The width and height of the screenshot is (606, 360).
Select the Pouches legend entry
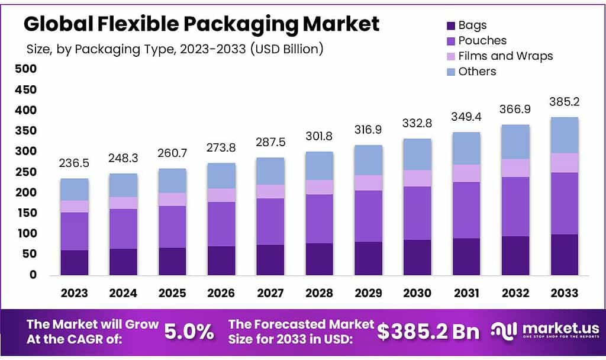(482, 41)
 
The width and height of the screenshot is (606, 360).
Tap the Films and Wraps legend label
(505, 56)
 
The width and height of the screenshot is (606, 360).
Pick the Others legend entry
(477, 72)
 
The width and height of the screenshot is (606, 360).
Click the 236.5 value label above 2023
(74, 163)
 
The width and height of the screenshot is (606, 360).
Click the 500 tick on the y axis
(26, 69)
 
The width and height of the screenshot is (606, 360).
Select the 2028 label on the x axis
(319, 292)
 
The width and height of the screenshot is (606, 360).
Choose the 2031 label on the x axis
(466, 292)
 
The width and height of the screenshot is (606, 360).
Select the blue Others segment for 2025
(172, 181)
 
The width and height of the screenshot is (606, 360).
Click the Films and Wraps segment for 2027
(270, 191)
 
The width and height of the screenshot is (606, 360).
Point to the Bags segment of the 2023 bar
(74, 262)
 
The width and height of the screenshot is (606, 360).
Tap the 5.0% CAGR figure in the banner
(188, 332)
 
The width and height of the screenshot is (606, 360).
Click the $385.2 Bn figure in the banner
(428, 332)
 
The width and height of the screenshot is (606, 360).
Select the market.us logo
(544, 330)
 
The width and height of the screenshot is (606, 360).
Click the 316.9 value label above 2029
(368, 130)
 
